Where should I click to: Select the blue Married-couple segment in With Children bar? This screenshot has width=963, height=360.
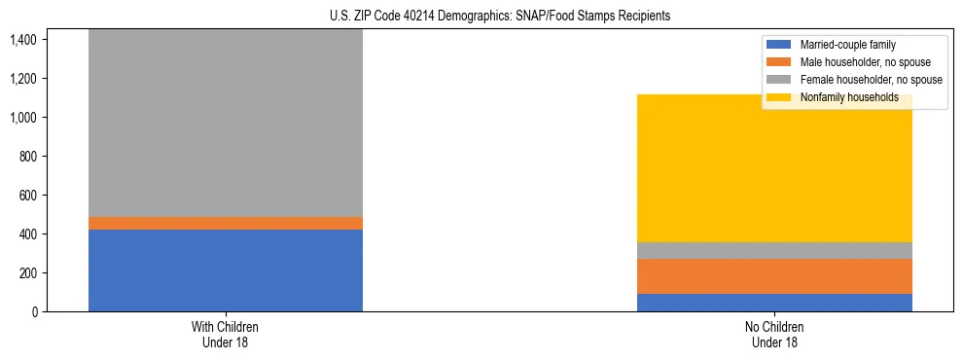225,270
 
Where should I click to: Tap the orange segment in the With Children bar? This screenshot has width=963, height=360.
225,223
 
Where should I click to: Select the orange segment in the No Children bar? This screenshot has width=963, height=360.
774,276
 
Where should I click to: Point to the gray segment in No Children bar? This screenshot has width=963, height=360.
774,250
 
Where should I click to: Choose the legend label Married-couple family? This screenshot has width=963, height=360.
847,45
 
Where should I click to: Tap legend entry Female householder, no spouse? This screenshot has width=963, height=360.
870,80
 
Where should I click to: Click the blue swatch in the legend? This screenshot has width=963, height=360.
779,45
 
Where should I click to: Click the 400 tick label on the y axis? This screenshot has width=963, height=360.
29,234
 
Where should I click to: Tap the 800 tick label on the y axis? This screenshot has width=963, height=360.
29,157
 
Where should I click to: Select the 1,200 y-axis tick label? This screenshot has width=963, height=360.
24,79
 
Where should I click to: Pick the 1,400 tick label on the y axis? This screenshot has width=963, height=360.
24,40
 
